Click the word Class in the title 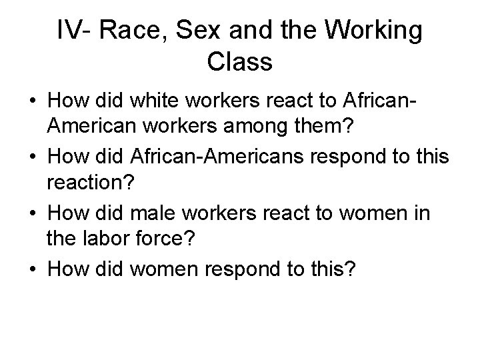click(x=240, y=62)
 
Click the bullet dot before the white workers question click(x=32, y=102)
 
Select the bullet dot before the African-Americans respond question click(x=32, y=159)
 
